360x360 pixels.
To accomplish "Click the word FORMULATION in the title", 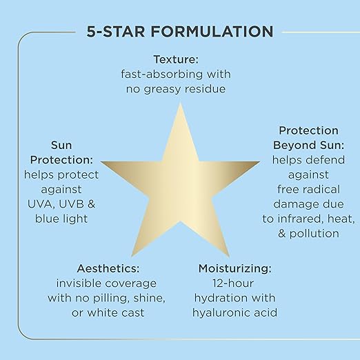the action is (x=212, y=32).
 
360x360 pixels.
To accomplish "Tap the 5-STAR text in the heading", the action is (x=116, y=32).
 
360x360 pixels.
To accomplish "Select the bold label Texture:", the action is (x=176, y=59).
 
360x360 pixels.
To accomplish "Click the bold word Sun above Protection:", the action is (x=61, y=145).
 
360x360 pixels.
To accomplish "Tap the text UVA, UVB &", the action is (x=61, y=204).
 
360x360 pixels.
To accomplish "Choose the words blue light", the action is (x=61, y=219).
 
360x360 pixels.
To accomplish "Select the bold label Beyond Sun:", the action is (x=308, y=146).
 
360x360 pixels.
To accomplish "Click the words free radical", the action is (x=308, y=189).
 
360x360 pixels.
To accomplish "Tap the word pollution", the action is (x=314, y=234).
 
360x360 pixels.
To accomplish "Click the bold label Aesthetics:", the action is (x=108, y=268).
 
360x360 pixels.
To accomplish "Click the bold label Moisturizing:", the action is (x=235, y=268).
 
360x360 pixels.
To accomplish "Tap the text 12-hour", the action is (x=233, y=283).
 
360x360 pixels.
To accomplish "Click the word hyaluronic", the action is (x=220, y=313).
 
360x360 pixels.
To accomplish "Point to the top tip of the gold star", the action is (x=181, y=103).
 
